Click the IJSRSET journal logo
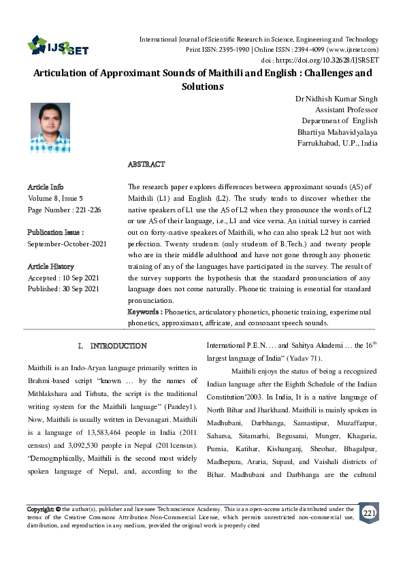(58, 46)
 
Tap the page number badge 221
(368, 512)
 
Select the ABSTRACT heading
(146, 165)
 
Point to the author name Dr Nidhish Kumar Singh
(336, 99)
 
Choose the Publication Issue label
(56, 232)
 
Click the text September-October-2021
(67, 244)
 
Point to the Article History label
(50, 267)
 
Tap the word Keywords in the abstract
(144, 312)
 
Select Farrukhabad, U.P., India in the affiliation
(338, 143)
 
